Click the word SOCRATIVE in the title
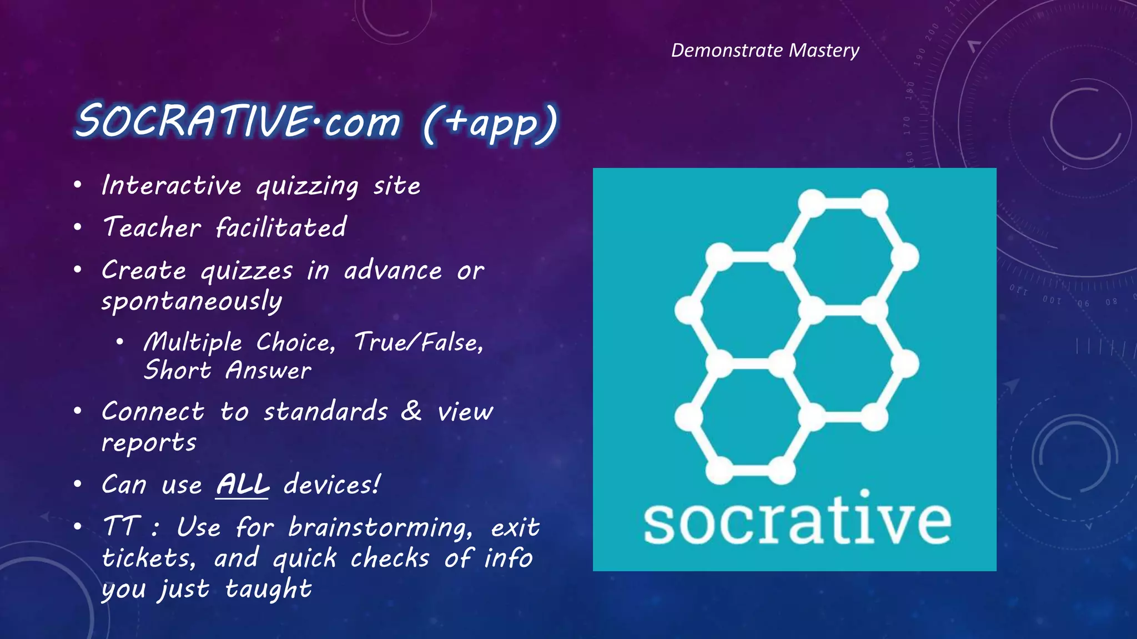[192, 121]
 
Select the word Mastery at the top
[824, 50]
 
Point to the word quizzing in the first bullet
[307, 186]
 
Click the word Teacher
[152, 227]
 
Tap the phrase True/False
[418, 342]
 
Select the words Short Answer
[227, 371]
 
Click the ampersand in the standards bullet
[411, 411]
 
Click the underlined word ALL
[242, 485]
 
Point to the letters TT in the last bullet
[119, 526]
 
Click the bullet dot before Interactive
[78, 185]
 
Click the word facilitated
[281, 227]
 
